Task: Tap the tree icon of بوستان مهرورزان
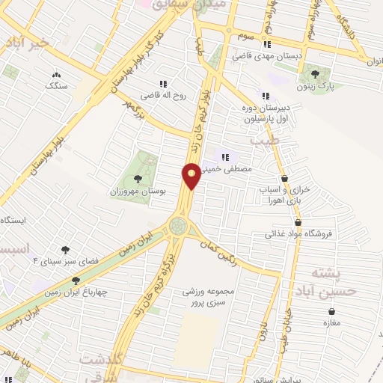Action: coord(138,179)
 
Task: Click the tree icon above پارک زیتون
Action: coord(314,73)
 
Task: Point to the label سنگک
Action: coord(55,85)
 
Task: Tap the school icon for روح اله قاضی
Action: coord(162,84)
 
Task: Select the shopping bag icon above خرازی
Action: coord(285,178)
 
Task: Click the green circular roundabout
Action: coord(179,224)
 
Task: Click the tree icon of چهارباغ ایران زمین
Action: coord(75,281)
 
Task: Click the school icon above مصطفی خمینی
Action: coord(224,156)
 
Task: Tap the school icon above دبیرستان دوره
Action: coord(265,95)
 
